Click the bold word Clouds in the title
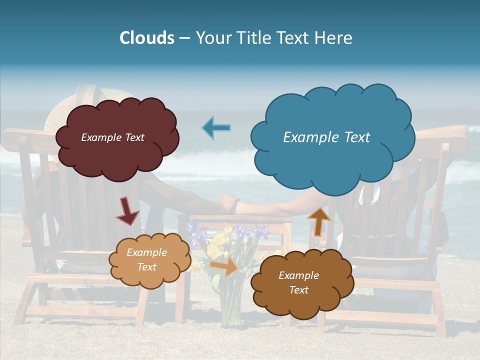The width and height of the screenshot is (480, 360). pos(146,38)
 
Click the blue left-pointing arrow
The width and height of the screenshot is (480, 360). pos(216,127)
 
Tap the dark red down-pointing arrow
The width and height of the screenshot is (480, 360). pos(127,211)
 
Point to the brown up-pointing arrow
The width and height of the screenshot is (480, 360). pos(318,220)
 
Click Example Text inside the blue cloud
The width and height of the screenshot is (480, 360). pos(326,137)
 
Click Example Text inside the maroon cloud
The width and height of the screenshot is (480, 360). pos(112,137)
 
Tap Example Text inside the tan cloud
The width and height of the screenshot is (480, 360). pos(146,259)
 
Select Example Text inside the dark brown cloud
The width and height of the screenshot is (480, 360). pos(298,282)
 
